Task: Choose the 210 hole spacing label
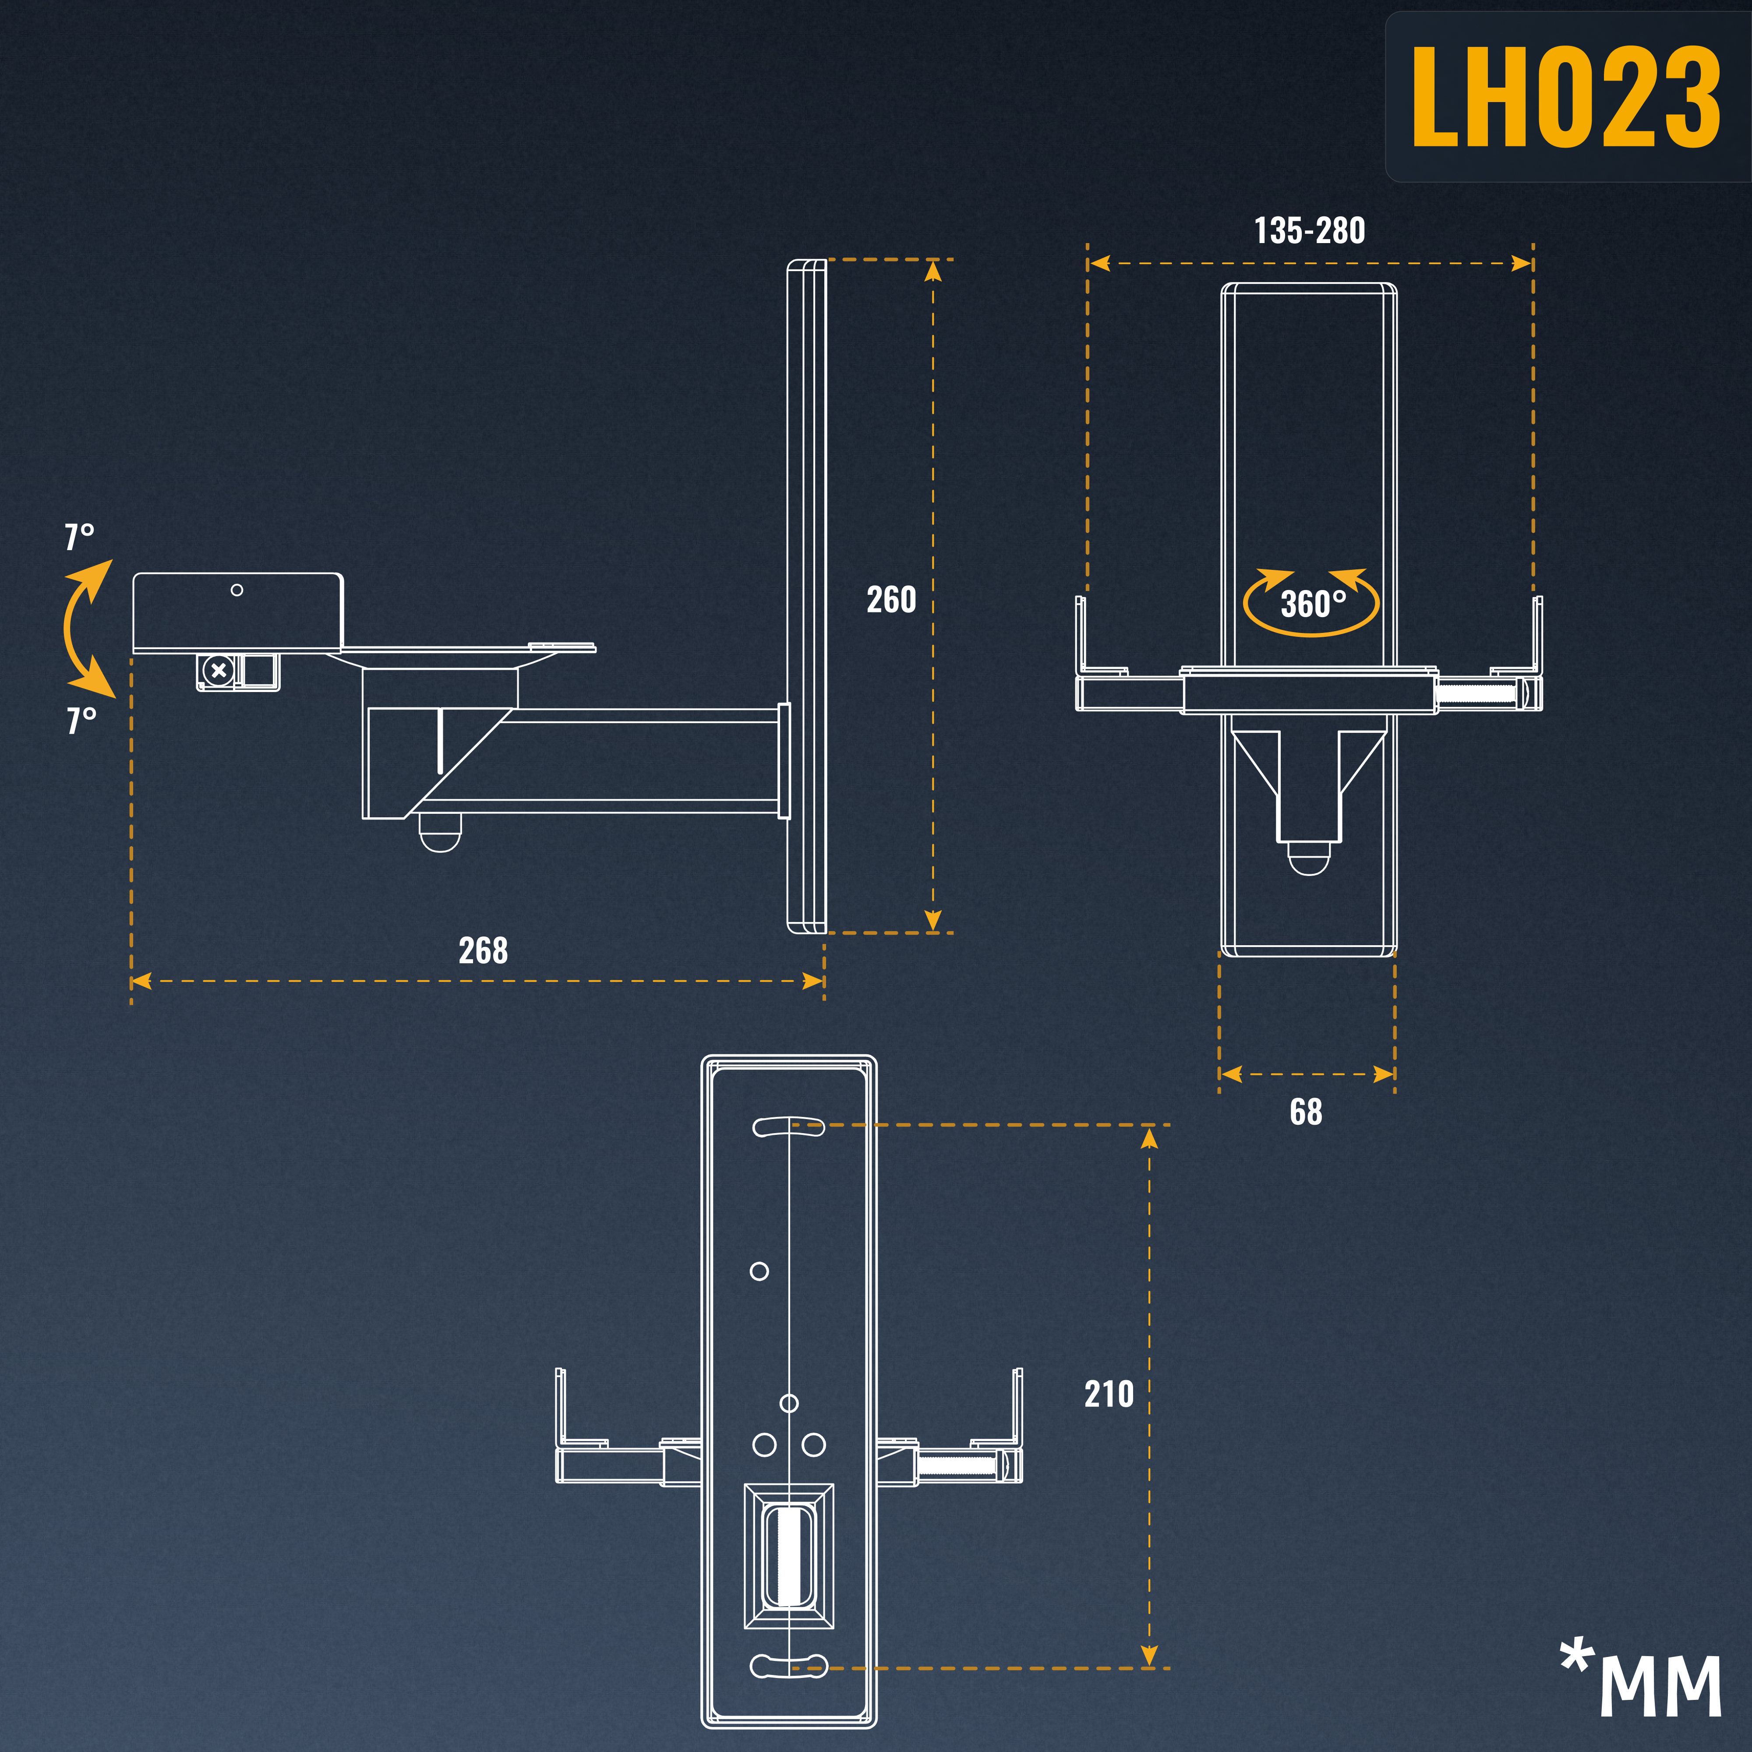tap(1109, 1394)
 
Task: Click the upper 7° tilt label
tap(79, 537)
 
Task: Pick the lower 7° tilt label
tap(81, 720)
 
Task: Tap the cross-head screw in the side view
tap(218, 671)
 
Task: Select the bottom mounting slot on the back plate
tap(789, 1665)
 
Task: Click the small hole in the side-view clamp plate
tap(237, 590)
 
